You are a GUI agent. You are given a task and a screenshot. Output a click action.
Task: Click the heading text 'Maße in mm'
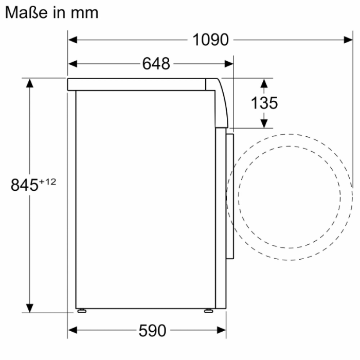coord(51,12)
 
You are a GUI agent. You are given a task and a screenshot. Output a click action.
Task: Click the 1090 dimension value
coord(210,40)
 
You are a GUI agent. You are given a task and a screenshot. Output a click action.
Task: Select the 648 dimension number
coord(156,64)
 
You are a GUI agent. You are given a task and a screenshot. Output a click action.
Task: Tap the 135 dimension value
coord(264,103)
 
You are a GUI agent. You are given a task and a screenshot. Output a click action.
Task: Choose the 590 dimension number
coord(152,331)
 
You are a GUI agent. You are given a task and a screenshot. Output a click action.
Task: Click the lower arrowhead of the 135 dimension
coord(264,123)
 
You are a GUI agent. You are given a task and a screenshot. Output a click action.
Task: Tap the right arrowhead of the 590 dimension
coord(222,330)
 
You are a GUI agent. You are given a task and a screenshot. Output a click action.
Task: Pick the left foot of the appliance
coord(81,311)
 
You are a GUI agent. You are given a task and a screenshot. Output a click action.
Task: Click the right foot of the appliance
coord(208,311)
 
